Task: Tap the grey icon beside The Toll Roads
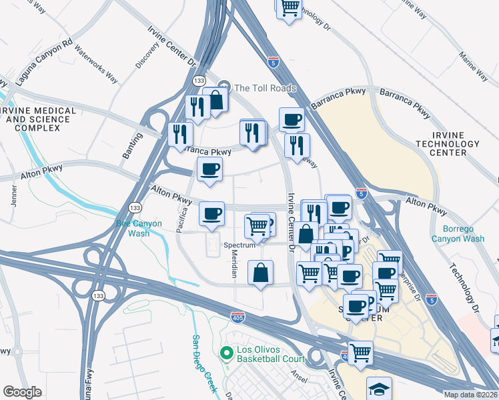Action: click(x=225, y=87)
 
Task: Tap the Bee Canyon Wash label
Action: click(x=139, y=229)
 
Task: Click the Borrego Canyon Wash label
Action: click(x=458, y=233)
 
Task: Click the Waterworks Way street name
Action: click(x=96, y=64)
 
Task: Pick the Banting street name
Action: click(x=129, y=146)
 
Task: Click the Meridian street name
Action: click(x=234, y=265)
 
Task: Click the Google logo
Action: click(x=22, y=392)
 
